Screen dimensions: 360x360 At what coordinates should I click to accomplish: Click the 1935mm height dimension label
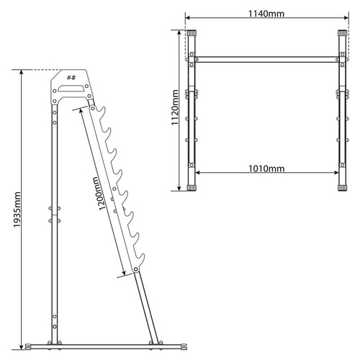pos(17,210)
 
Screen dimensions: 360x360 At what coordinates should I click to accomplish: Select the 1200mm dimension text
pos(99,194)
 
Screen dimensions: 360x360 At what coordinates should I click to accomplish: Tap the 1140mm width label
pos(266,14)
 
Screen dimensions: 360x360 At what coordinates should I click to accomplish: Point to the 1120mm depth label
pos(175,107)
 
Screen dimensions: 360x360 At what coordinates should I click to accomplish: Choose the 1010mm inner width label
pos(266,168)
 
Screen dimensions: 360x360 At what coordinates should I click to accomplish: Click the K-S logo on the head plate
pos(71,78)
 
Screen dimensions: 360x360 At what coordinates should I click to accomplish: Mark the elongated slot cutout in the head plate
pos(71,89)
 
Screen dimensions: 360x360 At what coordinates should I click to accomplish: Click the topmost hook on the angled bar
pos(102,112)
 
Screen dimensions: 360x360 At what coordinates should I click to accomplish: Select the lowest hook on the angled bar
pos(140,260)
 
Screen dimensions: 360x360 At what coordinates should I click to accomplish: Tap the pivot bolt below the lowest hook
pos(136,269)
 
